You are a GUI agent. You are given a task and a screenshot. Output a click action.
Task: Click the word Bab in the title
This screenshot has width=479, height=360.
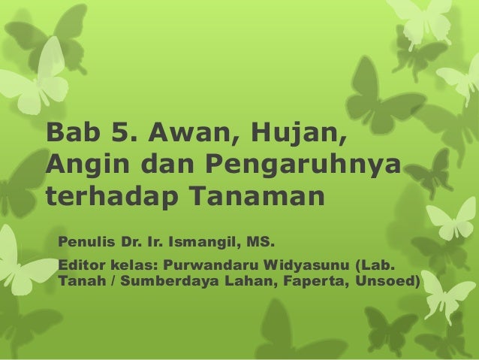click(72, 133)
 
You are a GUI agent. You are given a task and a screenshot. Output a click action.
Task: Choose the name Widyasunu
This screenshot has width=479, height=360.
click(312, 267)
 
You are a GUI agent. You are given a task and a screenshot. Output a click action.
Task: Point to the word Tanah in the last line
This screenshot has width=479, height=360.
click(78, 283)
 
